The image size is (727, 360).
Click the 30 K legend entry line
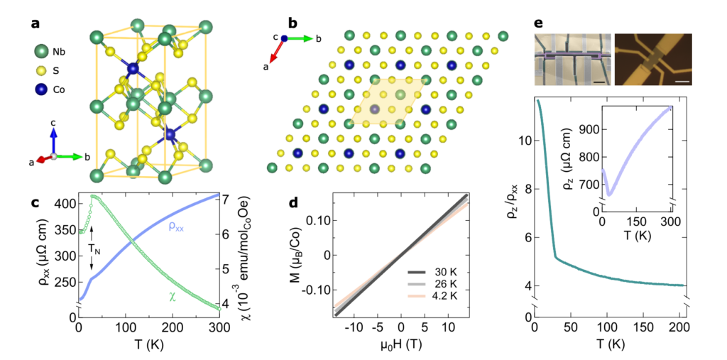(x=420, y=272)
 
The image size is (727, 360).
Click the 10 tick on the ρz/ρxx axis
(x=525, y=141)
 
